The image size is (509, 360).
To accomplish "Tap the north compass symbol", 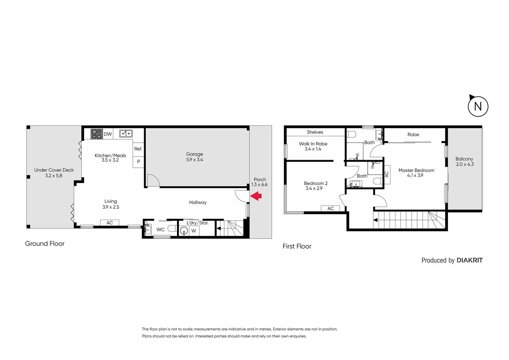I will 478,106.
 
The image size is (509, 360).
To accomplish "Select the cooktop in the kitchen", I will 97,134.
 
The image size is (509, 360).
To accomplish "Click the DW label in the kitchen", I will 108,134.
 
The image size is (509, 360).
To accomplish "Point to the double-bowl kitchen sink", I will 126,134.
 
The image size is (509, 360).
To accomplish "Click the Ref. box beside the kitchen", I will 138,149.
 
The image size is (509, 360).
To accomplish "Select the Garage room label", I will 195,154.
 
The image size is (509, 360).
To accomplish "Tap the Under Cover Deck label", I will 54,170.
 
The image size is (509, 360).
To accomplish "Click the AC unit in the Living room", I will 110,223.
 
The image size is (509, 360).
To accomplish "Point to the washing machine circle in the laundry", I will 184,231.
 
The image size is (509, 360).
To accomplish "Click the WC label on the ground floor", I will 161,230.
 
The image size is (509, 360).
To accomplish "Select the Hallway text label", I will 198,202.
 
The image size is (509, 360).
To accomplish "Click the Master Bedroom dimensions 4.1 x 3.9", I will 415,175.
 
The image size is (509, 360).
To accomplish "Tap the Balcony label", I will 464,159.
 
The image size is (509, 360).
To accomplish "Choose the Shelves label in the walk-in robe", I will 315,132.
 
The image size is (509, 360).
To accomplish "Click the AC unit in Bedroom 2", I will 330,208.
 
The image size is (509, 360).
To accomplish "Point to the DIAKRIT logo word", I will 469,260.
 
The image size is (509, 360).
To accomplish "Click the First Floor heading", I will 297,246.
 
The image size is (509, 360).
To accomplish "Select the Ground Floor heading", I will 45,244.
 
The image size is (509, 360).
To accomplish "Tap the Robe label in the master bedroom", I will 413,135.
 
